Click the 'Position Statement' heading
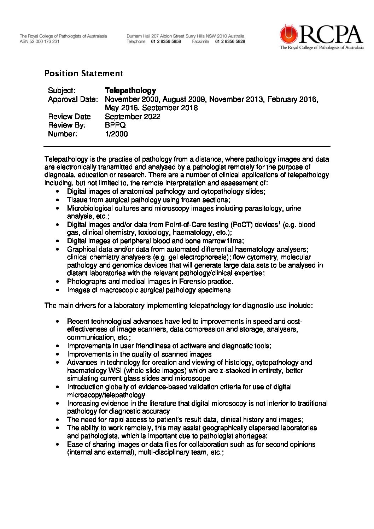click(x=84, y=74)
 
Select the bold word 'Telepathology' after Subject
click(x=130, y=90)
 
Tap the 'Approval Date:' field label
click(x=72, y=99)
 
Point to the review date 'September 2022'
click(x=133, y=117)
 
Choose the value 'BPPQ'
click(x=115, y=125)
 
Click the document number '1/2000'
click(x=116, y=134)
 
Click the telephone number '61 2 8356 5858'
click(x=166, y=41)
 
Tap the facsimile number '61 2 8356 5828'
click(x=230, y=41)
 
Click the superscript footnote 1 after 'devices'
click(x=279, y=223)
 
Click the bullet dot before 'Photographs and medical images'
click(x=58, y=282)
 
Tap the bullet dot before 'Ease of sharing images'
click(x=58, y=445)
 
